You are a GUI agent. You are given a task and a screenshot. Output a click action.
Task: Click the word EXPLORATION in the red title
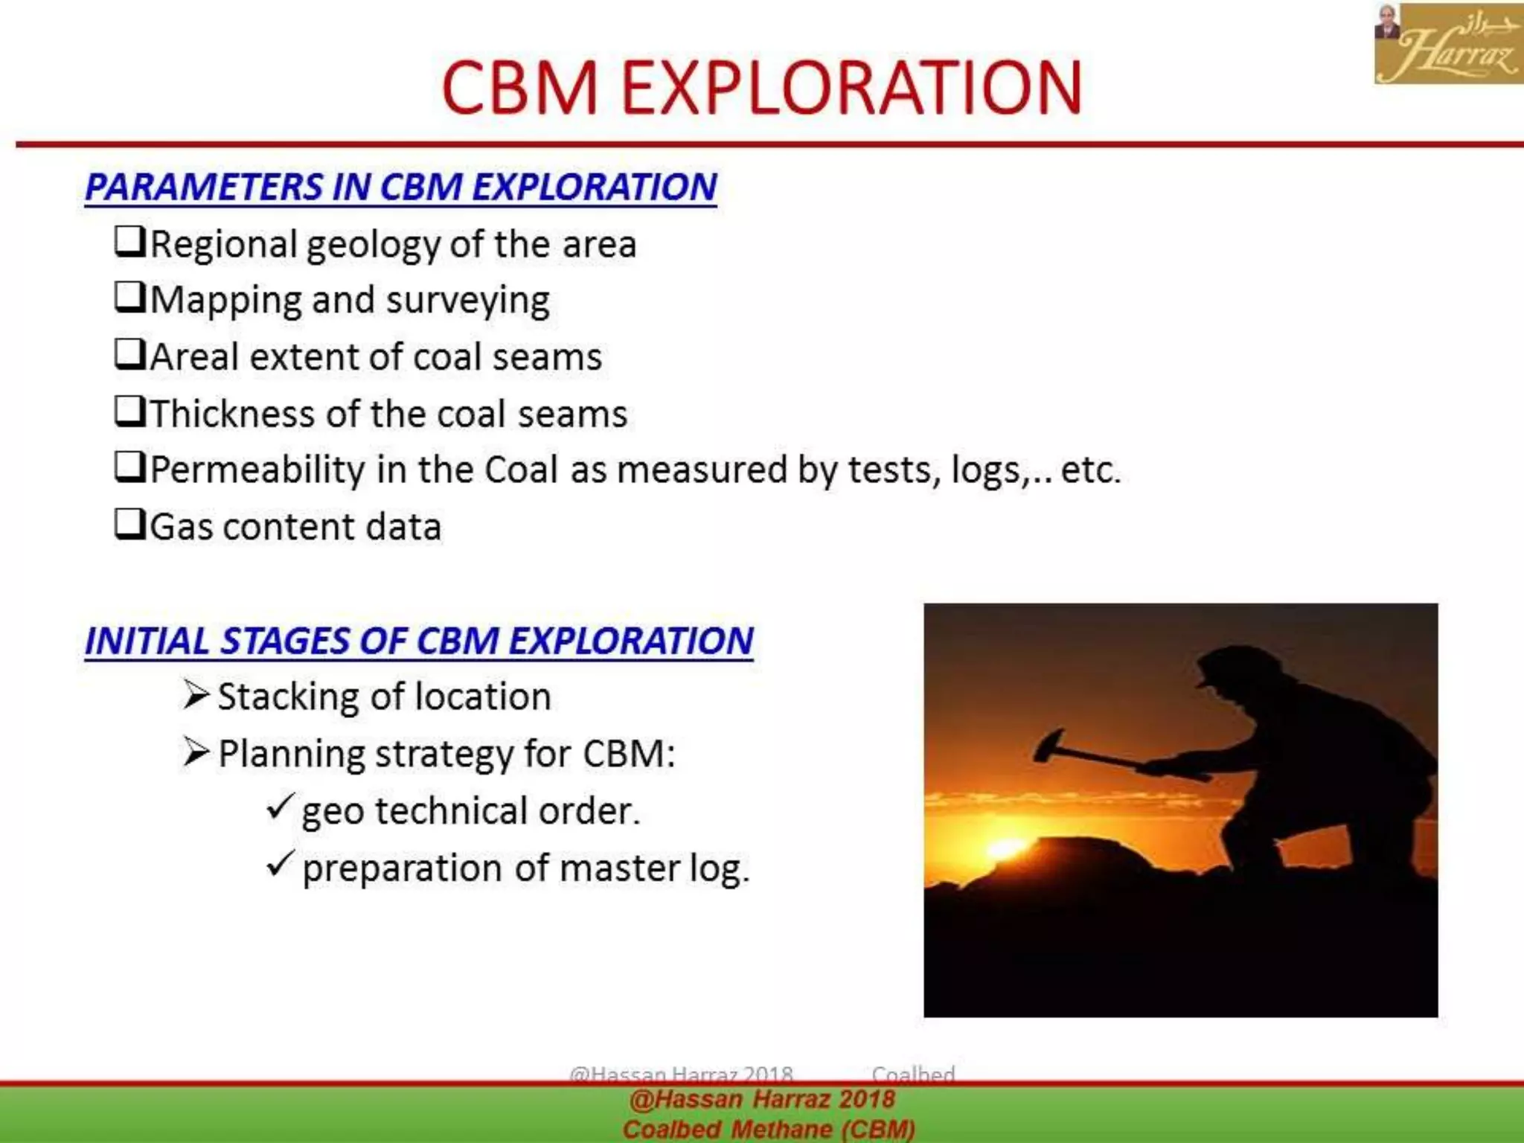(851, 89)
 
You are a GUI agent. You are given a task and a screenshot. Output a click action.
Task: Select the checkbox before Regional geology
(129, 242)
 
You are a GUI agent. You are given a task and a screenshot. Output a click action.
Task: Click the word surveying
(467, 301)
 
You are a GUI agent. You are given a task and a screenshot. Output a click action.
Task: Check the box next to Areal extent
(129, 355)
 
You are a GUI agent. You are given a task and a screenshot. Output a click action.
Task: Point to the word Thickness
(232, 413)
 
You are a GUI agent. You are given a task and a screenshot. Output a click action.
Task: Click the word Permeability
(257, 470)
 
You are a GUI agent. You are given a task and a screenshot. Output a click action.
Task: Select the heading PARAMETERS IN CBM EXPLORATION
(400, 187)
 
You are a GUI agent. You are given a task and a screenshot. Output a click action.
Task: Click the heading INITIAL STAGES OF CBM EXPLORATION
(419, 641)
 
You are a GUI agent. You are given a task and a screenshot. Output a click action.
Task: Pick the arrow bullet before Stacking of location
(196, 695)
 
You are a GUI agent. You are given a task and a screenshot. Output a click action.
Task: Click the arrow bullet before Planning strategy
(196, 752)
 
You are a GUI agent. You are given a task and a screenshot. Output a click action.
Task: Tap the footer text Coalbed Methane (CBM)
(768, 1129)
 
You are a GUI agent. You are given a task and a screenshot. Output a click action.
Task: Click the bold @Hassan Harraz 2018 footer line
(761, 1099)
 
